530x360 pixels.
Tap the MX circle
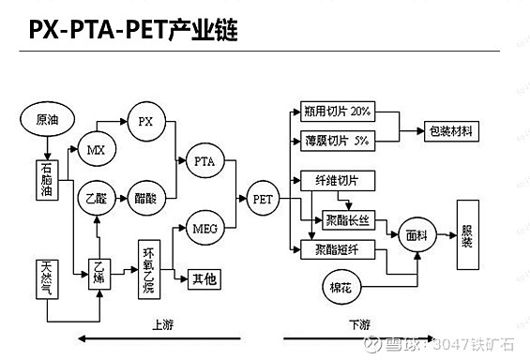(x=96, y=149)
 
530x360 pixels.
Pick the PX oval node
(x=144, y=122)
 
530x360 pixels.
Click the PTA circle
(x=204, y=160)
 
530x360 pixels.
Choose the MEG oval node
(x=204, y=228)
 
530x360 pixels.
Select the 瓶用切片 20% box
(x=337, y=112)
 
